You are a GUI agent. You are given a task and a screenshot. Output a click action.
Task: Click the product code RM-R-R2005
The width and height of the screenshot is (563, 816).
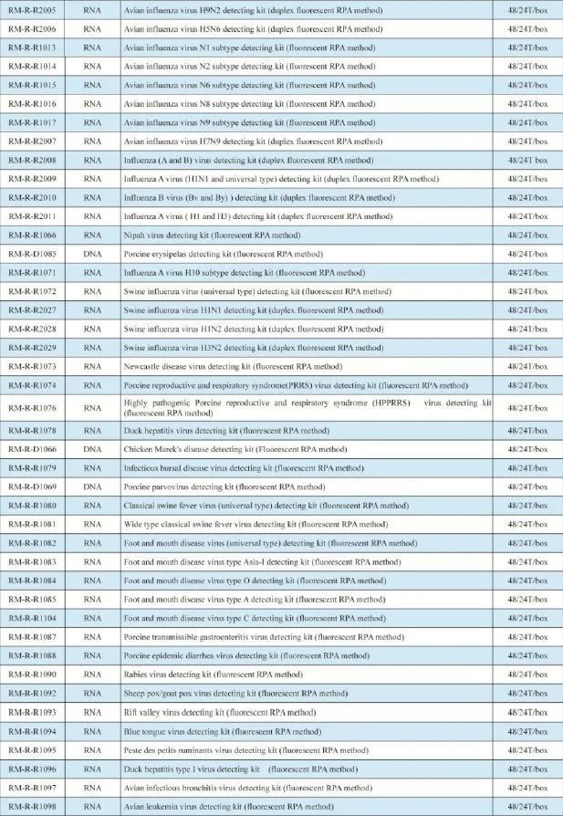33,9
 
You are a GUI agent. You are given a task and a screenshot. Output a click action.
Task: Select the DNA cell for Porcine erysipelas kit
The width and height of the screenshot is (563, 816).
92,254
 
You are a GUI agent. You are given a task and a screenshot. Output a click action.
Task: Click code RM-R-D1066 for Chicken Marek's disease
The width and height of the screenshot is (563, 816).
33,449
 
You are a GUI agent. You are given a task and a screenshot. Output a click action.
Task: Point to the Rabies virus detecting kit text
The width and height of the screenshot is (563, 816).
214,675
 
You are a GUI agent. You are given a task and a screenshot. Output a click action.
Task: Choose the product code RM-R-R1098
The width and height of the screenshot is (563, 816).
33,806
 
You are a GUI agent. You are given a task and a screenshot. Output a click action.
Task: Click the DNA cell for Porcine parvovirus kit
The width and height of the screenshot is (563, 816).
92,486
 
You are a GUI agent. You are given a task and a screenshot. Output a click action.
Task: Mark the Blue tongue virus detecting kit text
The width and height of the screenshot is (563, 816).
223,731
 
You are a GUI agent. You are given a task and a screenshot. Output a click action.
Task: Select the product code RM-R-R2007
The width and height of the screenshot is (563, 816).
33,141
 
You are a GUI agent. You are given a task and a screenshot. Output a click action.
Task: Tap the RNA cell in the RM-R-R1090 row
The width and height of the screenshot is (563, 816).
92,675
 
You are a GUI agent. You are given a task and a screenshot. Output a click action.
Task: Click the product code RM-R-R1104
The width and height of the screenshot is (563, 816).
33,618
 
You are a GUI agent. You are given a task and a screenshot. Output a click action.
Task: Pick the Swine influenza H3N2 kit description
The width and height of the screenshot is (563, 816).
254,348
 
